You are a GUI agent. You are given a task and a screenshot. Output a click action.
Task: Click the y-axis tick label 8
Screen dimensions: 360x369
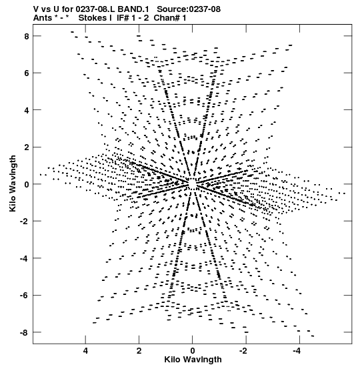[x=26, y=36]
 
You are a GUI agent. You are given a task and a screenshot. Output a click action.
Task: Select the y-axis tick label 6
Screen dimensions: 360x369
[x=26, y=73]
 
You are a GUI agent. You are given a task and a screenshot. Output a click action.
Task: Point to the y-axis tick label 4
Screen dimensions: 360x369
[x=26, y=110]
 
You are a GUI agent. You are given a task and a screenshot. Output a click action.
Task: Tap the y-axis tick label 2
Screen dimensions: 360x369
[x=26, y=147]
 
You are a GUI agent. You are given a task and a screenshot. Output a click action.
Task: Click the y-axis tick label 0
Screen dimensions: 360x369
[x=26, y=184]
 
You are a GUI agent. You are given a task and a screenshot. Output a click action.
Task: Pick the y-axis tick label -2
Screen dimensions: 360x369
[x=25, y=222]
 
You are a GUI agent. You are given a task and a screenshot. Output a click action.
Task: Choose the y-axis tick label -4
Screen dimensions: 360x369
[x=25, y=258]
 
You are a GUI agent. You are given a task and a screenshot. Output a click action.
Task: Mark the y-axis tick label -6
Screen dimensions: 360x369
[x=25, y=296]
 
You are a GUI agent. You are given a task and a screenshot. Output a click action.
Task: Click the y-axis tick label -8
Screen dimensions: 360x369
[x=25, y=332]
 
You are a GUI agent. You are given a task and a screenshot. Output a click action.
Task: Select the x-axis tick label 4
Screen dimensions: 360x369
[x=85, y=351]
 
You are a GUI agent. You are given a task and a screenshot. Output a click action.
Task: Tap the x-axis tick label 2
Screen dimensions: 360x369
[x=139, y=351]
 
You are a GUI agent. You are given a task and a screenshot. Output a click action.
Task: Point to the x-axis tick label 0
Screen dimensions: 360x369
[x=193, y=351]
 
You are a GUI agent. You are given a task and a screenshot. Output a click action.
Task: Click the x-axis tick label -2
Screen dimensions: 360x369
[x=244, y=351]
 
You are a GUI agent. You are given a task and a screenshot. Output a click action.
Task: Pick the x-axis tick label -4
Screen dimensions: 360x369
[x=298, y=351]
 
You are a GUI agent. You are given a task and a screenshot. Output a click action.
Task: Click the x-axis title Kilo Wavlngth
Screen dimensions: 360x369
[x=193, y=360]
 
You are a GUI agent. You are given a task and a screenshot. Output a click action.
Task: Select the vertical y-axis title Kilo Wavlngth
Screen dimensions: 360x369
[x=13, y=183]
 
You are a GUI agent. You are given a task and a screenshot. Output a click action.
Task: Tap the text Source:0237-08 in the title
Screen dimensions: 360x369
[x=189, y=9]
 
